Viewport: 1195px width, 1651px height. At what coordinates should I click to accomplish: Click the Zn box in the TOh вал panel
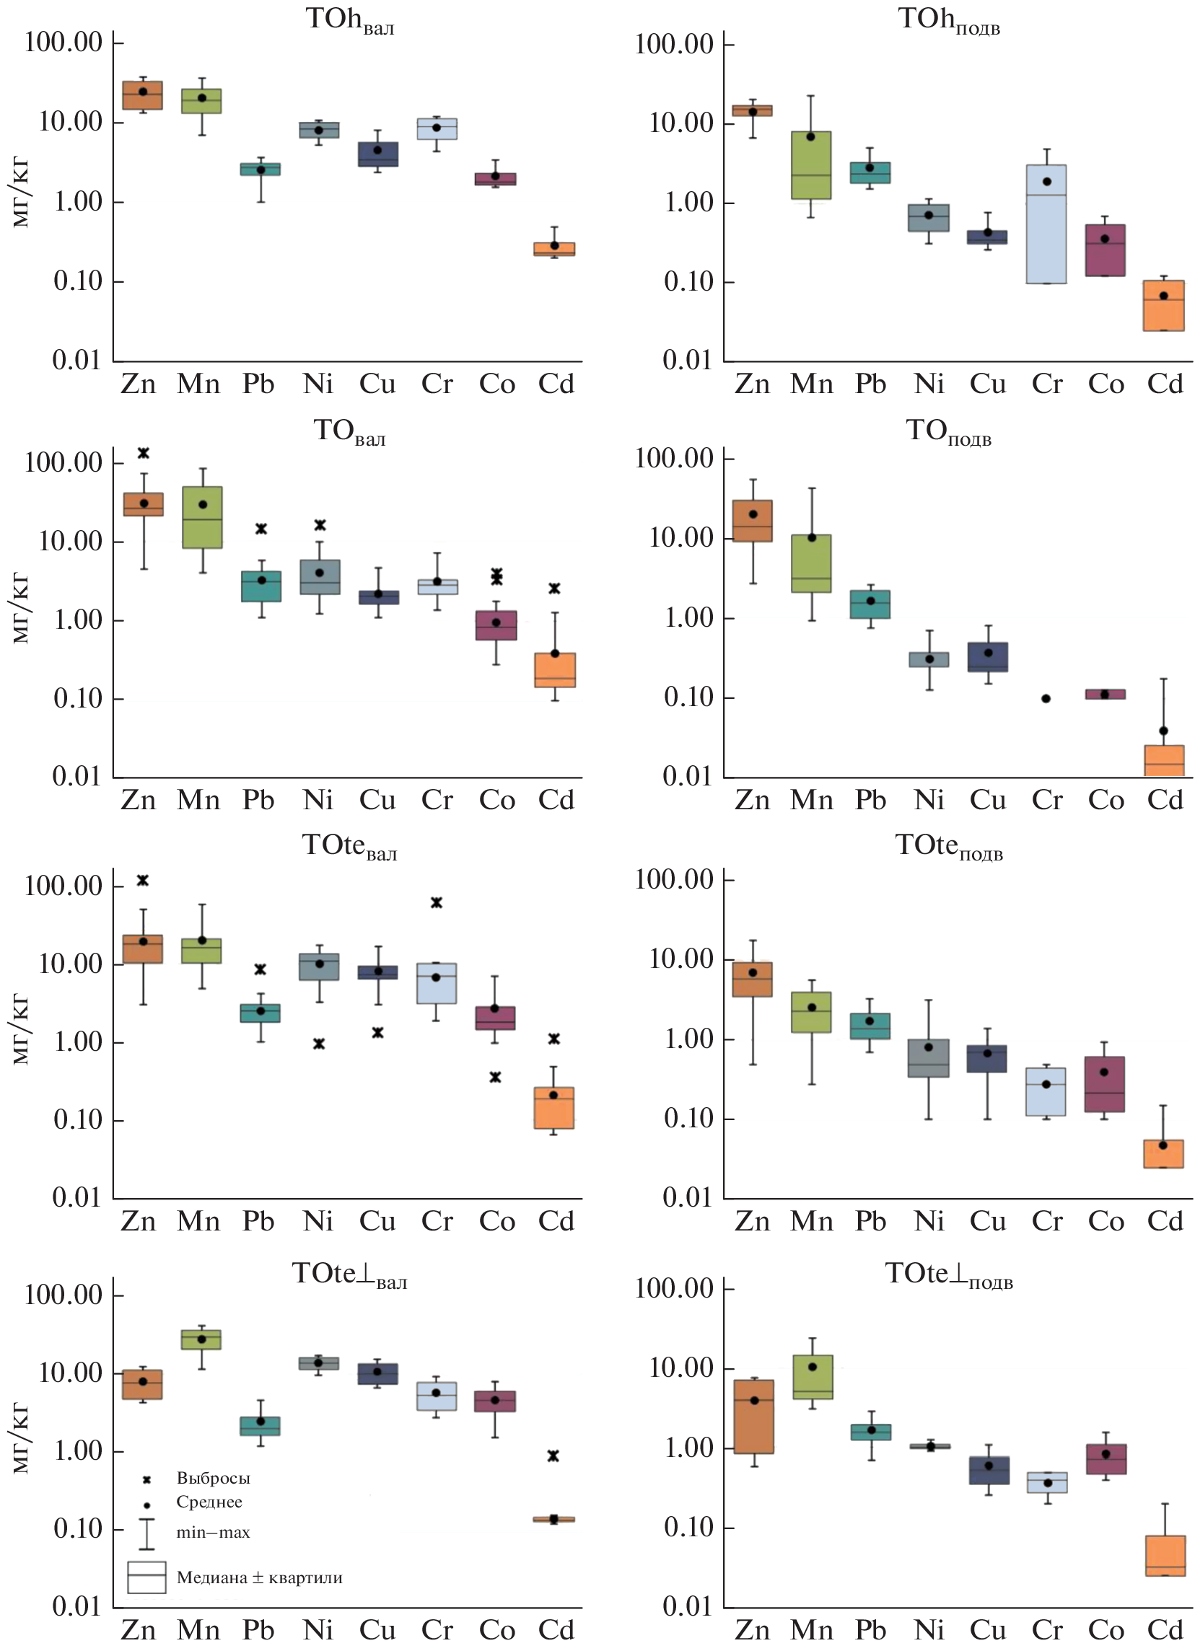coord(142,95)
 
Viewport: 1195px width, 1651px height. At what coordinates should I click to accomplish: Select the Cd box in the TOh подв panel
coord(1163,305)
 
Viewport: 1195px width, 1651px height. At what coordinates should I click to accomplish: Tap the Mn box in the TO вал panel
coord(203,518)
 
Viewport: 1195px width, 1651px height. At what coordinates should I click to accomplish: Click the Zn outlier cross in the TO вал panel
coord(144,453)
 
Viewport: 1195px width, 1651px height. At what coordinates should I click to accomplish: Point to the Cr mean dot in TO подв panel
coord(1046,698)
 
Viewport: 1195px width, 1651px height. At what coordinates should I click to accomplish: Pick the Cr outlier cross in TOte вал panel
coord(436,902)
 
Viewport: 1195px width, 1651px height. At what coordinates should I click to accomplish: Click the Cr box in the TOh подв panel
coord(1046,224)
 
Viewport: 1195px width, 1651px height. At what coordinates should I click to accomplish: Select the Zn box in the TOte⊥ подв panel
coord(753,1417)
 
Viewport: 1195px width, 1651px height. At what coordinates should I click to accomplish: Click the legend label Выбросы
coord(214,1479)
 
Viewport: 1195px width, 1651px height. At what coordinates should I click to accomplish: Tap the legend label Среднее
coord(209,1502)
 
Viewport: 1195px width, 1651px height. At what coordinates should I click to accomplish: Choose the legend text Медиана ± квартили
coord(259,1577)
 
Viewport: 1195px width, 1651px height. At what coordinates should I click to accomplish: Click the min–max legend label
coord(213,1532)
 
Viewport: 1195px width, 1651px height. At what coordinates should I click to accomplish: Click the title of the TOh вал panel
coord(349,19)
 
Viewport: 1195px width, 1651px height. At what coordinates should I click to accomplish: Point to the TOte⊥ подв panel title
coord(948,1274)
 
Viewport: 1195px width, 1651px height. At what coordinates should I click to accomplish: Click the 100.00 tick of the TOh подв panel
coord(673,44)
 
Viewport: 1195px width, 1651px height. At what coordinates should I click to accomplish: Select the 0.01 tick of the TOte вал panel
coord(76,1197)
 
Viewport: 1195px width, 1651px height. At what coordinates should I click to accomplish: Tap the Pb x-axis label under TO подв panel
coord(870,800)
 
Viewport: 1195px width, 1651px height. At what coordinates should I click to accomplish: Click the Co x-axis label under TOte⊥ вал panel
coord(496,1630)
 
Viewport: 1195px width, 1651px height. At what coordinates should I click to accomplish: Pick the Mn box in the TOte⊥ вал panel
coord(202,1340)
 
